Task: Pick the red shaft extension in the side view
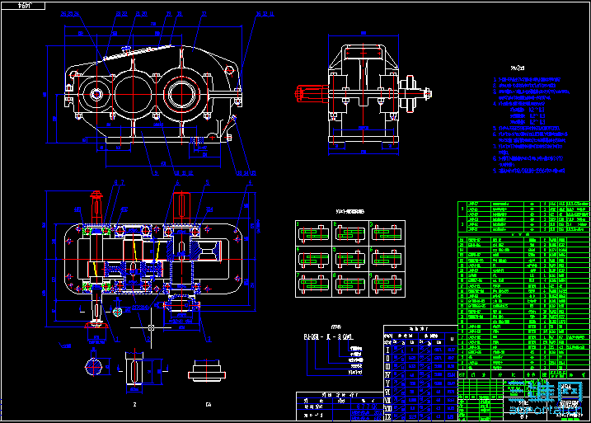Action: pos(310,92)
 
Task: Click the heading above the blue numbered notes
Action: pos(518,68)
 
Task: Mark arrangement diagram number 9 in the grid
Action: pos(387,284)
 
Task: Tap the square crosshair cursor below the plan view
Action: pos(152,328)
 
